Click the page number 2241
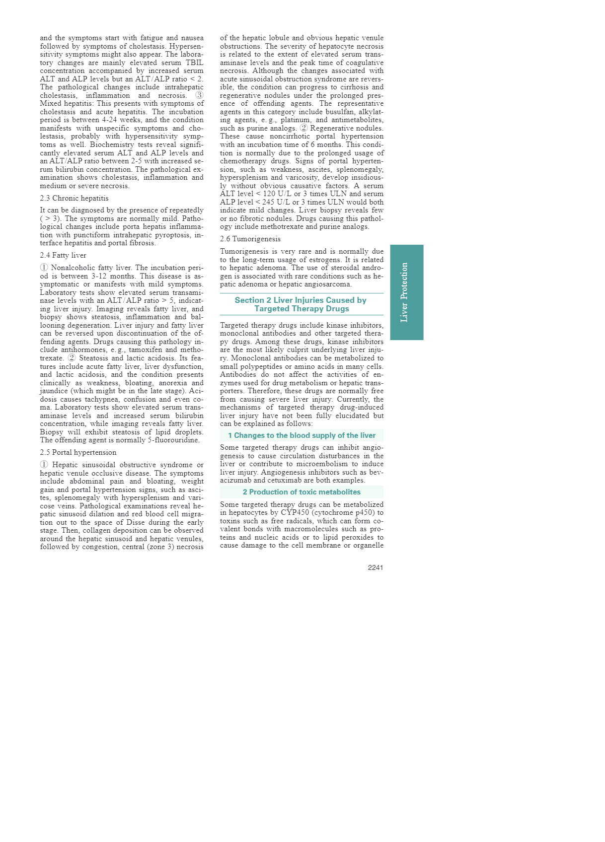[375, 567]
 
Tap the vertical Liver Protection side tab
[406, 292]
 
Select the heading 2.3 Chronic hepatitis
[74, 198]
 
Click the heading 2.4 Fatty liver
[63, 255]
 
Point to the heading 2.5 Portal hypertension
[78, 452]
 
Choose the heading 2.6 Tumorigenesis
[250, 239]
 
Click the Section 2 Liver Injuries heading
[301, 304]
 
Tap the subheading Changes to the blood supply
[302, 435]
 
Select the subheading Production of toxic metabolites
[302, 492]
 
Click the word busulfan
[339, 112]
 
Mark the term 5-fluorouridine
[173, 440]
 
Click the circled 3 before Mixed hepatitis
[199, 95]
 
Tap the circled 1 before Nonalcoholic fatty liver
[44, 268]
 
